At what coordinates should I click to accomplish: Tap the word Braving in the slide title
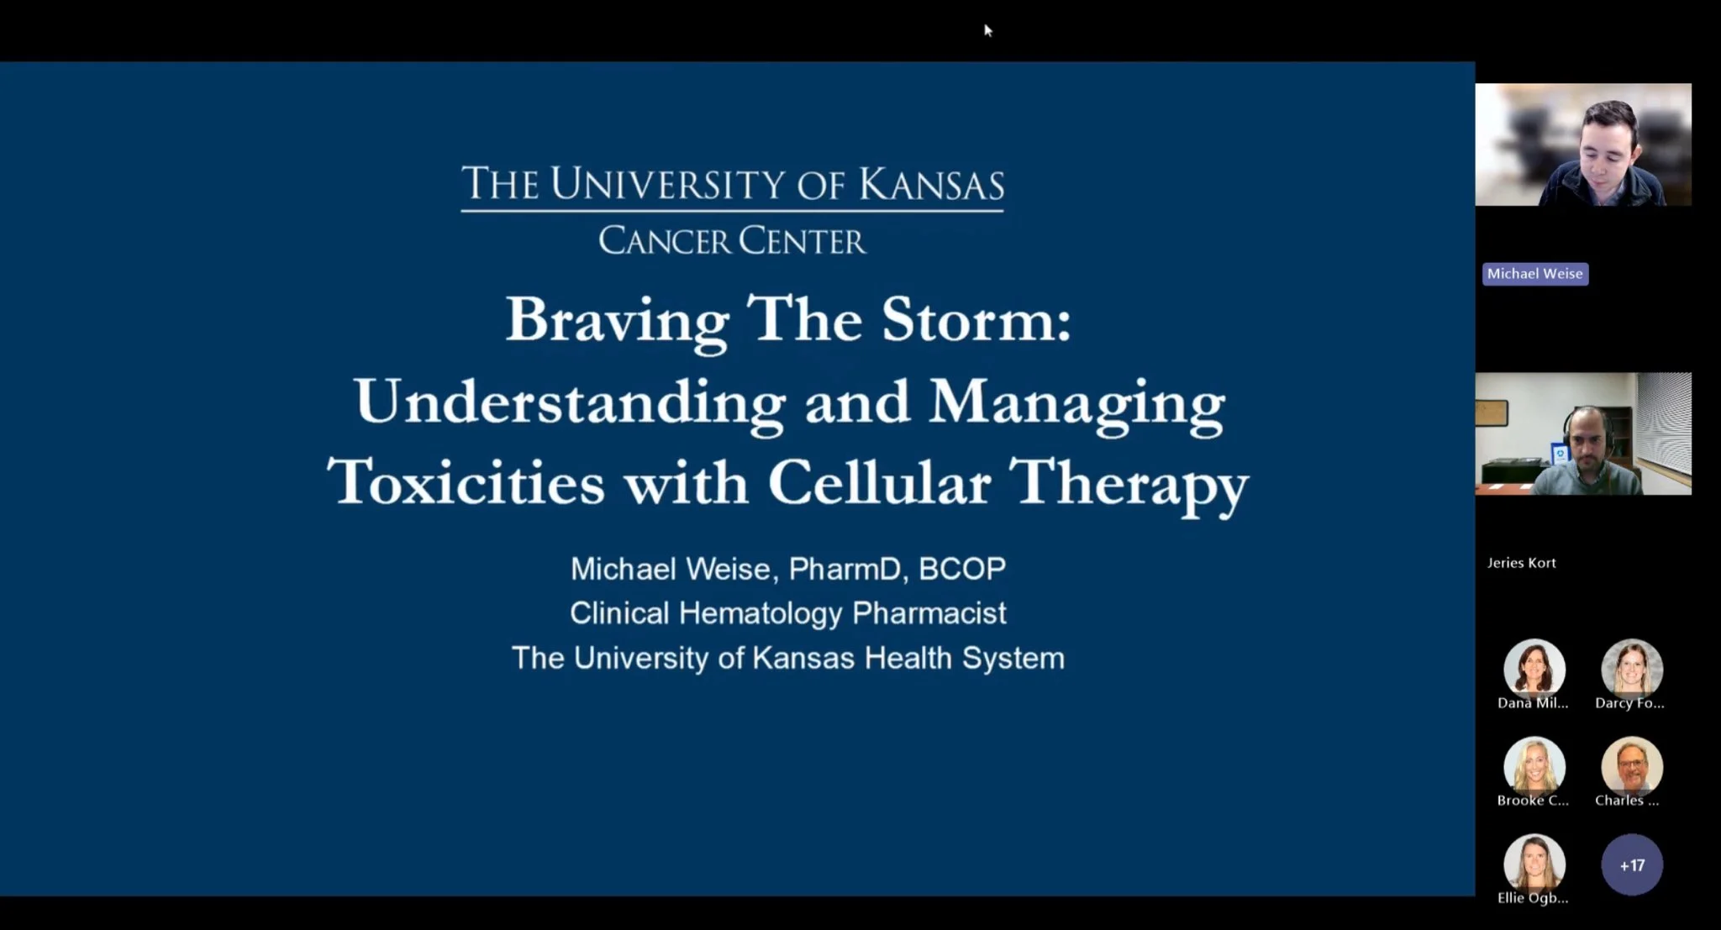[617, 322]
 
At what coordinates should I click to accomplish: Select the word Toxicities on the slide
[466, 482]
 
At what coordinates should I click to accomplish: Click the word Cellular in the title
[879, 482]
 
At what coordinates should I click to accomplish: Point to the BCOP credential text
[962, 569]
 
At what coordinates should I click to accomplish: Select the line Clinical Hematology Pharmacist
[787, 613]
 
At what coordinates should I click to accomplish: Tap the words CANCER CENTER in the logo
[731, 241]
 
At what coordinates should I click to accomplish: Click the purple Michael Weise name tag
[1534, 274]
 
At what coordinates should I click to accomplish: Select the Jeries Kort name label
[1521, 563]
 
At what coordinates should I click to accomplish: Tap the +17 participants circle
[1631, 864]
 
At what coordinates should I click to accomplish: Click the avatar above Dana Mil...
[1534, 668]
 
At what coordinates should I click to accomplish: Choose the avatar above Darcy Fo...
[1631, 668]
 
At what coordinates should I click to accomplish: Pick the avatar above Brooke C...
[1534, 765]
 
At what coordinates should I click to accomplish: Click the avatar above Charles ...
[1631, 765]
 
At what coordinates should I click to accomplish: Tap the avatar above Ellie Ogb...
[1534, 863]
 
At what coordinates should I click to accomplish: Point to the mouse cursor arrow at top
[988, 31]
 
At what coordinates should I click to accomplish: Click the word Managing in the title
[1076, 402]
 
